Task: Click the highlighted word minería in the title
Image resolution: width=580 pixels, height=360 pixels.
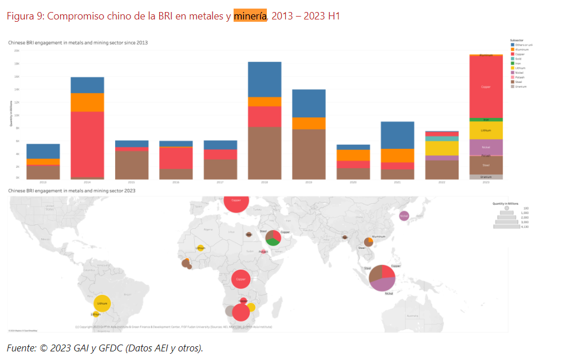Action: [x=250, y=16]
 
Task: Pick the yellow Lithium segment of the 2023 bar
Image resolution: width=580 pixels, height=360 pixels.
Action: [x=486, y=130]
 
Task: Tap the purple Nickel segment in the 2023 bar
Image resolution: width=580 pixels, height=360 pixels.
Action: [x=486, y=147]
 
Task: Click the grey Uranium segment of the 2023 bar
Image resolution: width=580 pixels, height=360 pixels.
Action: [x=486, y=177]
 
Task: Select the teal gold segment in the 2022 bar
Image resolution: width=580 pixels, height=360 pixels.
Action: [x=441, y=139]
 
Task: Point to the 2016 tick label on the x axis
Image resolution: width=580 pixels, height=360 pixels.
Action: [x=176, y=182]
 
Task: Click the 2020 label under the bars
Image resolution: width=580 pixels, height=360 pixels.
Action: [x=353, y=182]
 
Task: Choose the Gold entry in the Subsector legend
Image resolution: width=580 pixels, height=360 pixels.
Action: [x=518, y=59]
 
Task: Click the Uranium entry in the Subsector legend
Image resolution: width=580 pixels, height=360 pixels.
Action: [x=520, y=86]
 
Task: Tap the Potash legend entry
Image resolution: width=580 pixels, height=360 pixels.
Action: [x=519, y=77]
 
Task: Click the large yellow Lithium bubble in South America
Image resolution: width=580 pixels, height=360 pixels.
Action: [x=102, y=303]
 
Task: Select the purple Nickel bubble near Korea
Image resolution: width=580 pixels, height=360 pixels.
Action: [x=404, y=216]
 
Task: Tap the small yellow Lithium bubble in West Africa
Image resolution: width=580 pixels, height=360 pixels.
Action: [x=200, y=248]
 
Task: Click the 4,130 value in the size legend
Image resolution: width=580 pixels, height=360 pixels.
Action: [x=524, y=227]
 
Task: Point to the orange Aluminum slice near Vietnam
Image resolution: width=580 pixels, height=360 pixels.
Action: [x=371, y=240]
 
